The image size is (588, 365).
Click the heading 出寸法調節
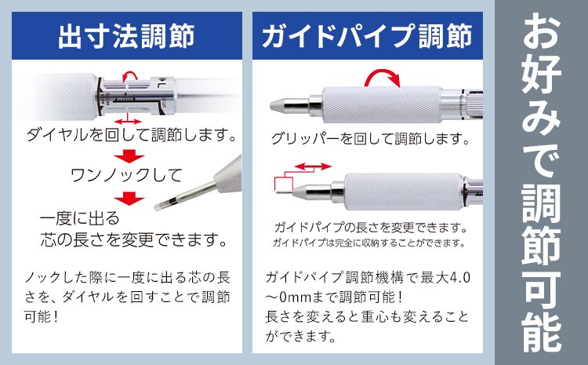(x=126, y=36)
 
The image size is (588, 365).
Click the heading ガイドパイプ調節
(x=367, y=36)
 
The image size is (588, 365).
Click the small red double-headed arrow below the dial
(x=128, y=121)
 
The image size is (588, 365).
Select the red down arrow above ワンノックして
(x=129, y=156)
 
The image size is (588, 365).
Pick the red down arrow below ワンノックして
(x=129, y=198)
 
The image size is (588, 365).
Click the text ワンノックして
(x=126, y=175)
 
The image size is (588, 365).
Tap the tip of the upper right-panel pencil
(x=271, y=105)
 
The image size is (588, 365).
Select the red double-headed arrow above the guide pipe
(x=313, y=166)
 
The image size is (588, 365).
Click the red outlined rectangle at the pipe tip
(x=284, y=184)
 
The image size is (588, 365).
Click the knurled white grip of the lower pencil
(x=403, y=192)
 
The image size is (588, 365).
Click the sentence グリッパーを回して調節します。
(x=370, y=139)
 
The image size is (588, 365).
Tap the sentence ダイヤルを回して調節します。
(x=131, y=134)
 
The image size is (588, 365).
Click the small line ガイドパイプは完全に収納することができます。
(x=369, y=243)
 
